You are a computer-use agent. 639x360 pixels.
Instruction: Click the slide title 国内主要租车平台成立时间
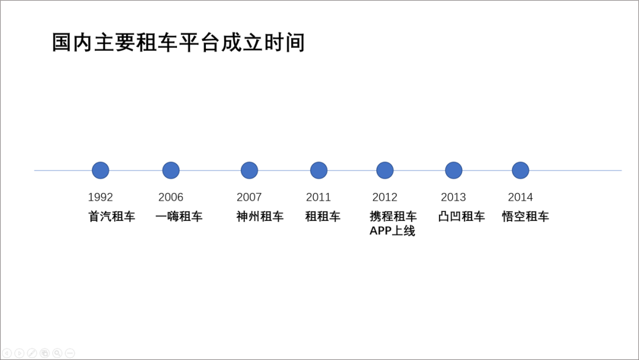tap(178, 43)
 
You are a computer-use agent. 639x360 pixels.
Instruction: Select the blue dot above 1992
tap(100, 171)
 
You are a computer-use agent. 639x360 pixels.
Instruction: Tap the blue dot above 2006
tap(171, 171)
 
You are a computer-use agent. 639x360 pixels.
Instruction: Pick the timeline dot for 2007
tap(249, 171)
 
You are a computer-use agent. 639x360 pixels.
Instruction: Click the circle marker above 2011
tap(319, 171)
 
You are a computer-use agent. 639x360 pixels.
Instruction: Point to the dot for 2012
tap(385, 171)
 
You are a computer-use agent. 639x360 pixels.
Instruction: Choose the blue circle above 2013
tap(454, 171)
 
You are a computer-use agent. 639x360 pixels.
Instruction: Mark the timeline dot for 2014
tap(521, 171)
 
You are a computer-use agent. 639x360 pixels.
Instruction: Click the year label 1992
tap(100, 197)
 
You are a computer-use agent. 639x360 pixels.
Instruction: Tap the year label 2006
tap(171, 197)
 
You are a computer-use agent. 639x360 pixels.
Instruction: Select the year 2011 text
tap(318, 197)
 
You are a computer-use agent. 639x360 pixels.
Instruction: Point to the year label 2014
tap(521, 197)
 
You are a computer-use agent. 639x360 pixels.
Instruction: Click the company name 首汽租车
tap(112, 216)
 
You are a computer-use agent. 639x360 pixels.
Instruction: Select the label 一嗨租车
tap(179, 216)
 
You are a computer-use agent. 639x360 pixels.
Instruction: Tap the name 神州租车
tap(260, 216)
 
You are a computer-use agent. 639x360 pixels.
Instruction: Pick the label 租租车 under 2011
tap(323, 216)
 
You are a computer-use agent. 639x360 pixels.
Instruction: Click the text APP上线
tap(392, 231)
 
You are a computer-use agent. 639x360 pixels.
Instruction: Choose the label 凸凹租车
tap(461, 216)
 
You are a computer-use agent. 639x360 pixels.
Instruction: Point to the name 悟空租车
tap(526, 216)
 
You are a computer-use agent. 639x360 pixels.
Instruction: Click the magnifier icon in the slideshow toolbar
tap(57, 353)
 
